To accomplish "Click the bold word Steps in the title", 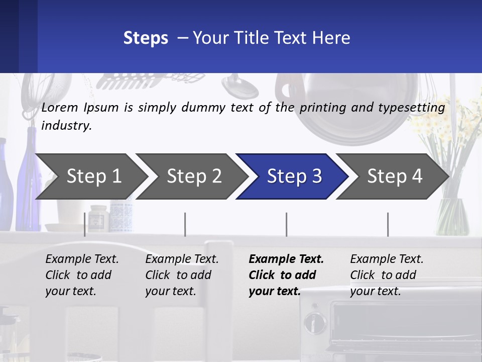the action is (x=146, y=38).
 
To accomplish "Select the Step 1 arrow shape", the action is (x=91, y=176).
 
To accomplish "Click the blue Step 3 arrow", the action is (x=292, y=176).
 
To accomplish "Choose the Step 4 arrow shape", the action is (x=393, y=176).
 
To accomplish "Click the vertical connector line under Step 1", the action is (x=84, y=224).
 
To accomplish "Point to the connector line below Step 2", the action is (x=185, y=224).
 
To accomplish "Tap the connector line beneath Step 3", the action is (x=287, y=224).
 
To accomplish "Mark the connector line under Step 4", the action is (x=388, y=224).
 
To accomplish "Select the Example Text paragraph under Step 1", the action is (x=82, y=275).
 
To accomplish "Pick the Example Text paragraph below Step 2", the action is (x=182, y=275).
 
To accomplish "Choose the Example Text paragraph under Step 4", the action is (x=387, y=275).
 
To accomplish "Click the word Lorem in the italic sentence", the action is (x=60, y=108).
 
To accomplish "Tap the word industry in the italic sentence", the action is (x=66, y=126).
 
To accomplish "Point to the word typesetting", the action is (x=412, y=108).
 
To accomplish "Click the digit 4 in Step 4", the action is (x=417, y=176).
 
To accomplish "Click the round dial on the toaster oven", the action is (x=315, y=323).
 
